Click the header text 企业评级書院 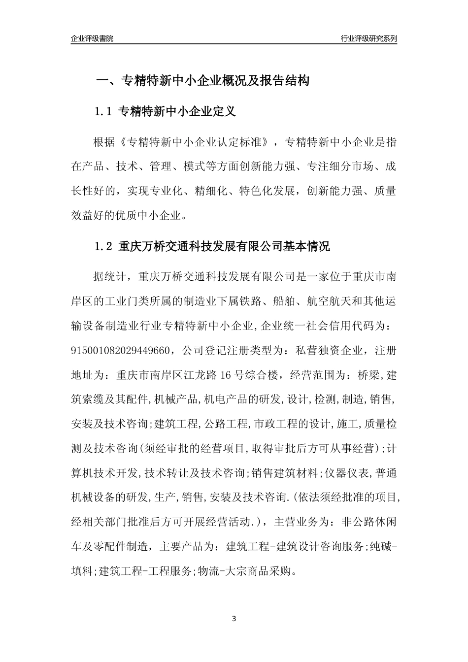pyautogui.click(x=92, y=38)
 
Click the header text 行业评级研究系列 pyautogui.click(x=368, y=38)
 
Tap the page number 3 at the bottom pyautogui.click(x=234, y=618)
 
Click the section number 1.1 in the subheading pyautogui.click(x=103, y=111)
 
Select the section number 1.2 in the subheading pyautogui.click(x=103, y=246)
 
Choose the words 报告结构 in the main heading pyautogui.click(x=286, y=80)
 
